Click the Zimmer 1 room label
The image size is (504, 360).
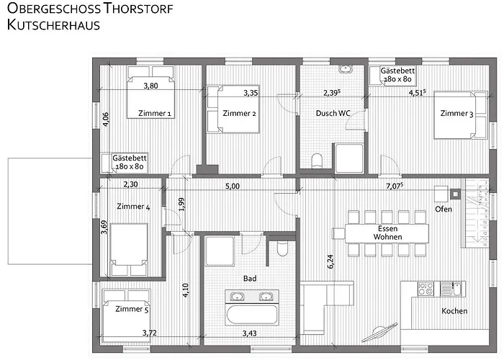pos(155,114)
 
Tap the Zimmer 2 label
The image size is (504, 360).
pos(240,114)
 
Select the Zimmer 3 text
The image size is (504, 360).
pos(456,114)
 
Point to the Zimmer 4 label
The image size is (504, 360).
pos(133,207)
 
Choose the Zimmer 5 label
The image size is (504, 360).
pos(132,309)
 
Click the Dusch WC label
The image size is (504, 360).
pos(333,113)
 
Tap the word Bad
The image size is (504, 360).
pos(250,279)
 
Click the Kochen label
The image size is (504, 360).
pos(454,311)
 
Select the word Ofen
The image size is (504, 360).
pos(444,210)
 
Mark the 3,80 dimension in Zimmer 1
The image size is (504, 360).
pos(150,86)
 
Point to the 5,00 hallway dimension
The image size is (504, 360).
pos(233,186)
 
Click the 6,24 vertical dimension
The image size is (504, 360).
pos(330,261)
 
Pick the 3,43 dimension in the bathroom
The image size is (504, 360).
pos(249,333)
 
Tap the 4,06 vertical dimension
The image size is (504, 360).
pos(106,120)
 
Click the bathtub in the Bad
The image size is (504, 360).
pos(251,314)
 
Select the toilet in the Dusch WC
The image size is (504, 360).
pos(318,161)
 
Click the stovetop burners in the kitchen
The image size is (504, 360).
pos(426,289)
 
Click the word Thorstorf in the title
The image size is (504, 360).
pos(138,9)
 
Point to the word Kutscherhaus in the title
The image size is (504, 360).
pos(53,25)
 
